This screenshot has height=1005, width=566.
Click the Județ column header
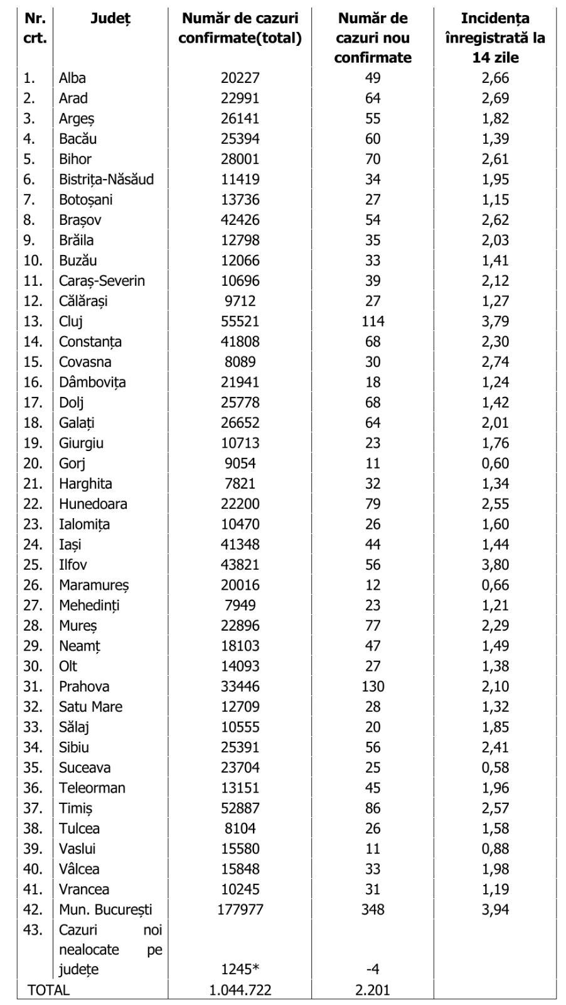pyautogui.click(x=110, y=19)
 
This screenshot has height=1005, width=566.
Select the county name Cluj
pyautogui.click(x=71, y=322)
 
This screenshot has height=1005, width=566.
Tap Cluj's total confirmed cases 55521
pyautogui.click(x=240, y=322)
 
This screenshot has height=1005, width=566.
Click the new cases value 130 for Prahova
pyautogui.click(x=373, y=687)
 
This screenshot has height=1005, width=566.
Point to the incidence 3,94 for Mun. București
pyautogui.click(x=495, y=910)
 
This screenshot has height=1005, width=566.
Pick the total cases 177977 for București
pyautogui.click(x=240, y=910)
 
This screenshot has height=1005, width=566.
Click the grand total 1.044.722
pyautogui.click(x=240, y=991)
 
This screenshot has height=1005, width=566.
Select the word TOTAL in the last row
pyautogui.click(x=48, y=991)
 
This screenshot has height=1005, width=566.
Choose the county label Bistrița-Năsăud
pyautogui.click(x=106, y=180)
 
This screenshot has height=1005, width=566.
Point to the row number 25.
pyautogui.click(x=33, y=565)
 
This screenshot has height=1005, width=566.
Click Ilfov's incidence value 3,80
pyautogui.click(x=495, y=565)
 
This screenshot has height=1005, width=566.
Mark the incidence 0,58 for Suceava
pyautogui.click(x=495, y=768)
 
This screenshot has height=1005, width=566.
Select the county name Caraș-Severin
pyautogui.click(x=102, y=281)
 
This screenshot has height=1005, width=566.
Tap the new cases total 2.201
pyautogui.click(x=373, y=991)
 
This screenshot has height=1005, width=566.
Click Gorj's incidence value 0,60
pyautogui.click(x=495, y=464)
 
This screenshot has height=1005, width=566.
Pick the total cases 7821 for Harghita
pyautogui.click(x=240, y=484)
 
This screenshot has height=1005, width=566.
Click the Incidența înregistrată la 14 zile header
pyautogui.click(x=495, y=38)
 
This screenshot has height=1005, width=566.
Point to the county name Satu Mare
pyautogui.click(x=90, y=707)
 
